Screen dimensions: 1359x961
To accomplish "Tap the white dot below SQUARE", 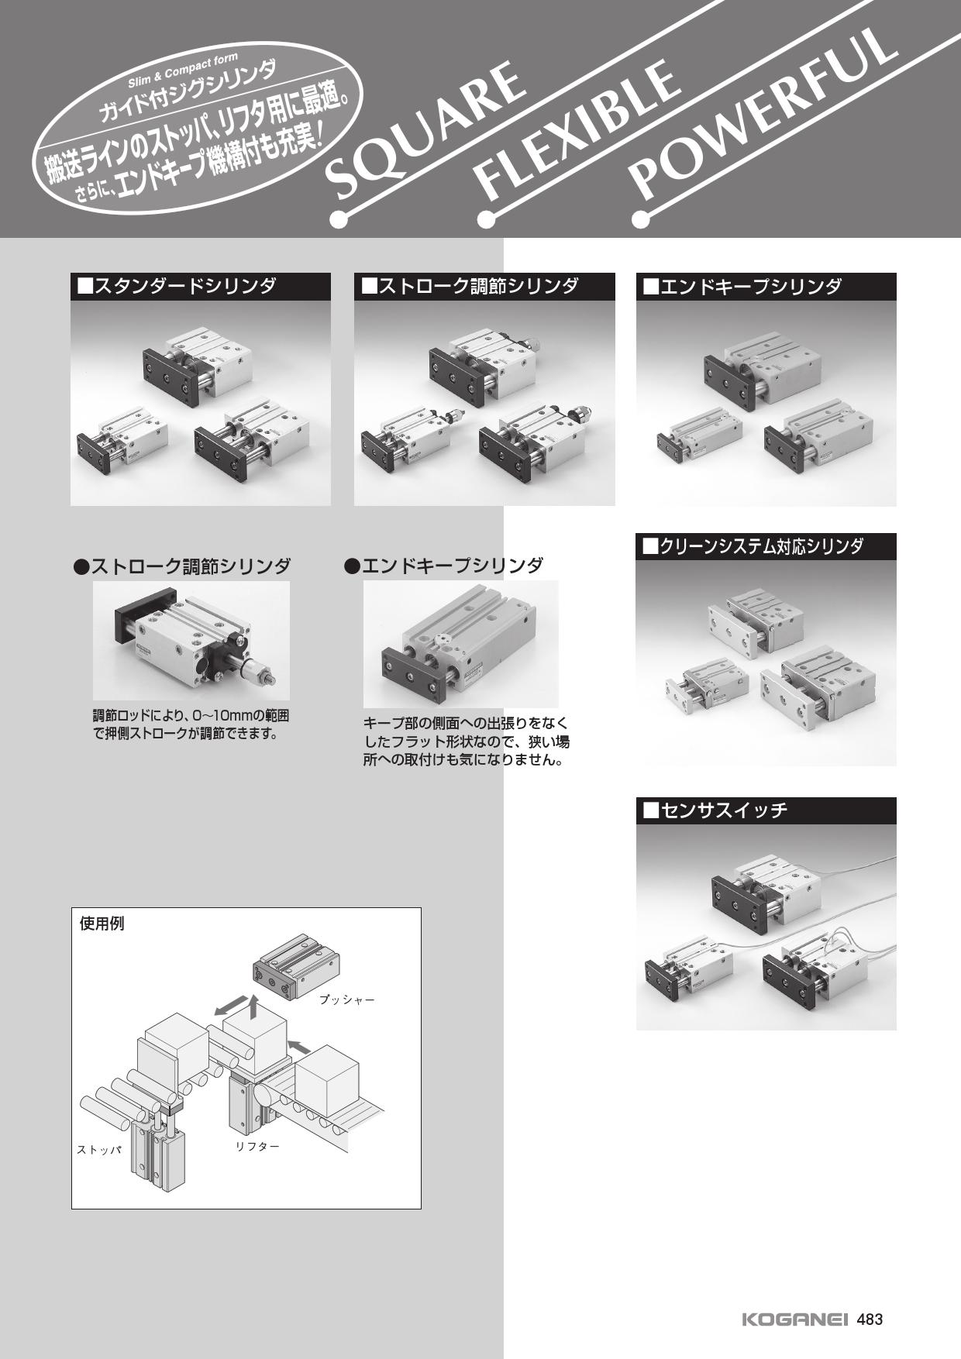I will tap(339, 220).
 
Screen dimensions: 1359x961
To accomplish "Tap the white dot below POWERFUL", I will tap(641, 220).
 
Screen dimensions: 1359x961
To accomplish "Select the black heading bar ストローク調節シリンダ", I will tap(484, 287).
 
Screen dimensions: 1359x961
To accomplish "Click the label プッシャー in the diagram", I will tap(346, 1000).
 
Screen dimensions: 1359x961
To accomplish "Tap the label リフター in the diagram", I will tap(257, 1146).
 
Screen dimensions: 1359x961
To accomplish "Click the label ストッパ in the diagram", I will tap(99, 1150).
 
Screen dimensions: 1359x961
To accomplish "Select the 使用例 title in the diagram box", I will tap(102, 924).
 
